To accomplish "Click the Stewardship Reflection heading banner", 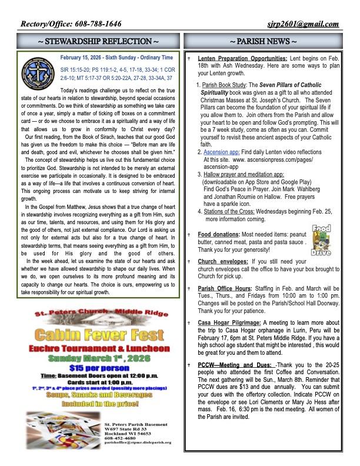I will point(98,42).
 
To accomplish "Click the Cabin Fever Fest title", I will point(99,335).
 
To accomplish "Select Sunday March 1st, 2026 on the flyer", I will point(99,358).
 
